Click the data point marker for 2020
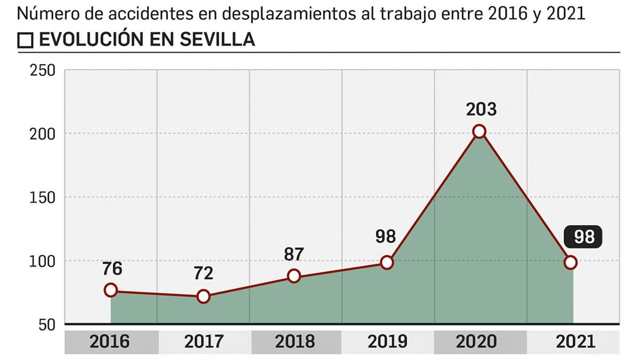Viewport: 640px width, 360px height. click(x=479, y=131)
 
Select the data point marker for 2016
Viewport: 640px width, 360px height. click(x=111, y=290)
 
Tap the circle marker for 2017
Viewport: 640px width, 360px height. click(x=204, y=296)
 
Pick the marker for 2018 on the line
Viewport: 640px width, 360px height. click(x=294, y=276)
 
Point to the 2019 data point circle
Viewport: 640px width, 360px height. click(x=387, y=262)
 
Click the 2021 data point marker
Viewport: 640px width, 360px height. click(x=570, y=262)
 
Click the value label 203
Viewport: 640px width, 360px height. click(x=481, y=109)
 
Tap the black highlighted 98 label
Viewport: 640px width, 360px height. click(x=584, y=237)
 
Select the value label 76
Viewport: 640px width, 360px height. click(x=112, y=269)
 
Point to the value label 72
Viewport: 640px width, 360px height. click(x=204, y=274)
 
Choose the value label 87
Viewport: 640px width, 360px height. click(x=294, y=254)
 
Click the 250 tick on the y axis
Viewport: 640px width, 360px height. click(x=42, y=70)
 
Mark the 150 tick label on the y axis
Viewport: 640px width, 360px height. click(x=42, y=198)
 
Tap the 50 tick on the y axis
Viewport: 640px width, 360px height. click(x=46, y=325)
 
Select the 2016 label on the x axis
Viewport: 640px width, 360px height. click(x=110, y=342)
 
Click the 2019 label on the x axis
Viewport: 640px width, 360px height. click(x=387, y=342)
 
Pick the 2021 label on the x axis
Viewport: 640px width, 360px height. click(x=575, y=342)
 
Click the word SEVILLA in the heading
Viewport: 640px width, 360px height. click(x=217, y=39)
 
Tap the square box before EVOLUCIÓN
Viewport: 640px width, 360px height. click(x=26, y=40)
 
